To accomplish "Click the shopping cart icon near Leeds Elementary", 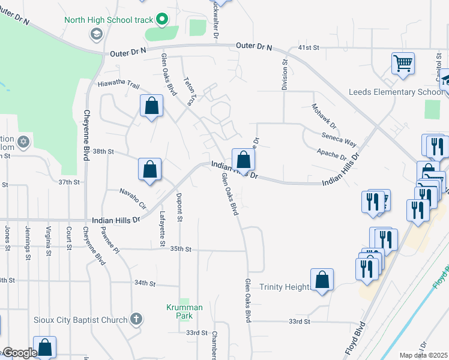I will [403, 63].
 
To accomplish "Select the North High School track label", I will [109, 20].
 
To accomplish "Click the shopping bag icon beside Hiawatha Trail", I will [152, 106].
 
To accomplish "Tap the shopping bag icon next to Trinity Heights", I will [322, 280].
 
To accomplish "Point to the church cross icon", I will [136, 319].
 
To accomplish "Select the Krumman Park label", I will [184, 311].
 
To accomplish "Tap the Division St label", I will [285, 74].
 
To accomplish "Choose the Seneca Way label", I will [339, 140].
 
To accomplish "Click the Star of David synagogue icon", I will [23, 142].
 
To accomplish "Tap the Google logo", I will [19, 353].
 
